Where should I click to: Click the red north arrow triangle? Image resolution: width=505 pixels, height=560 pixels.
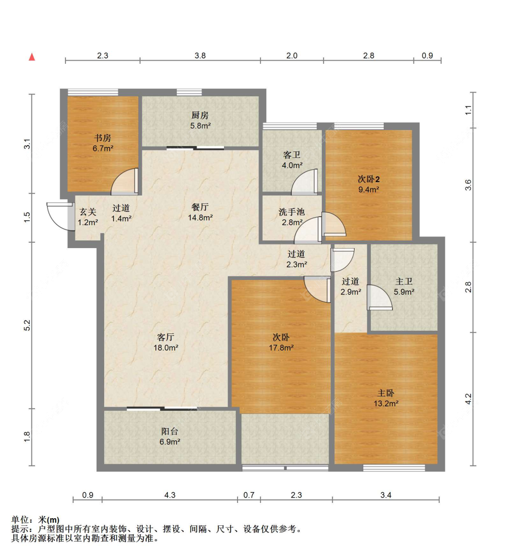point(32,57)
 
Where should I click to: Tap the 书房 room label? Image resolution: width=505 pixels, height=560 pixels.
point(103,138)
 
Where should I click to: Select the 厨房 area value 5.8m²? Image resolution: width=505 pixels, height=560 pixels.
point(200,126)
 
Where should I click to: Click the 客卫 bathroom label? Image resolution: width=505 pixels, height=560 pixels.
point(292,155)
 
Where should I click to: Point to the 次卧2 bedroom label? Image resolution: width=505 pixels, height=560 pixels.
point(369,179)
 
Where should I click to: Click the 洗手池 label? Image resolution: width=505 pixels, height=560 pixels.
point(292,212)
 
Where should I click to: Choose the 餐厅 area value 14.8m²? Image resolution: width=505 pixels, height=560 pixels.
point(200,218)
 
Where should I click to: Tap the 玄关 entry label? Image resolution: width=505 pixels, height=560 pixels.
point(88,212)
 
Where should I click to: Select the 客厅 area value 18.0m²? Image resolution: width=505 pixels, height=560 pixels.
point(166,348)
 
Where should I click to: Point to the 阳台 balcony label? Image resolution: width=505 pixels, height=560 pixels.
point(170,431)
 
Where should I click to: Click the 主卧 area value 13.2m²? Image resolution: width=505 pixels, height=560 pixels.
point(386,404)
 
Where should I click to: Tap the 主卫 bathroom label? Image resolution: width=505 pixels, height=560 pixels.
point(404,281)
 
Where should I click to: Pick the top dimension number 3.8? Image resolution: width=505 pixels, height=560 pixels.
point(200,56)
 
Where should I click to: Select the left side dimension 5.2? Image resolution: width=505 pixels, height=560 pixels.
point(27,325)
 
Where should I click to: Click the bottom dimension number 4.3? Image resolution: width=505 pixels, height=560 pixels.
point(170,495)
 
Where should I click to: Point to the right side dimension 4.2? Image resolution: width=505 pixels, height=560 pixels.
point(468,399)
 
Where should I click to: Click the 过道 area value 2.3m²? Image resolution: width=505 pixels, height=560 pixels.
point(296,264)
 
